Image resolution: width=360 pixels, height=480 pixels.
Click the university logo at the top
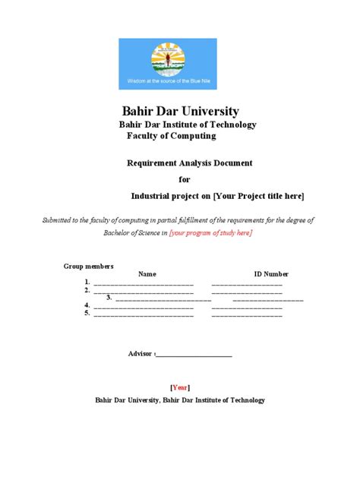point(167,64)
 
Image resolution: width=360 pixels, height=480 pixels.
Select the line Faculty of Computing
point(171,136)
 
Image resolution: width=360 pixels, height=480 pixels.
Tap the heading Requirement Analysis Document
point(188,163)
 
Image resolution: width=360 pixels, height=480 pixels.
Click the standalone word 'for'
point(185,179)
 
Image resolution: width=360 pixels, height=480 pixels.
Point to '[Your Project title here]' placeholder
point(258,196)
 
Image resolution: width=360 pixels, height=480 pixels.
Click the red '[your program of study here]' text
point(211,232)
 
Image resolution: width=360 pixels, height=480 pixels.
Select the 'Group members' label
point(88,266)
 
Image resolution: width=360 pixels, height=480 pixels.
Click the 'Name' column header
point(147,274)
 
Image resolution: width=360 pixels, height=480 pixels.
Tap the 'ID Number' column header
point(271,274)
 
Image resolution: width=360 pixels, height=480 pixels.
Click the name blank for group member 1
point(144,283)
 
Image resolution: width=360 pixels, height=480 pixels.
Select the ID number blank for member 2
point(247,291)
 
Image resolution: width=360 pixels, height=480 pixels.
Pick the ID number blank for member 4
point(247,306)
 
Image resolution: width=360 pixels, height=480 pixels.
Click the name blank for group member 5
point(144,314)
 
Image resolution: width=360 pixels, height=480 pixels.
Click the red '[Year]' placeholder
point(180,386)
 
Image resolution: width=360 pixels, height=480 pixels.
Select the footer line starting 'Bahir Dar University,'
point(180,399)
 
